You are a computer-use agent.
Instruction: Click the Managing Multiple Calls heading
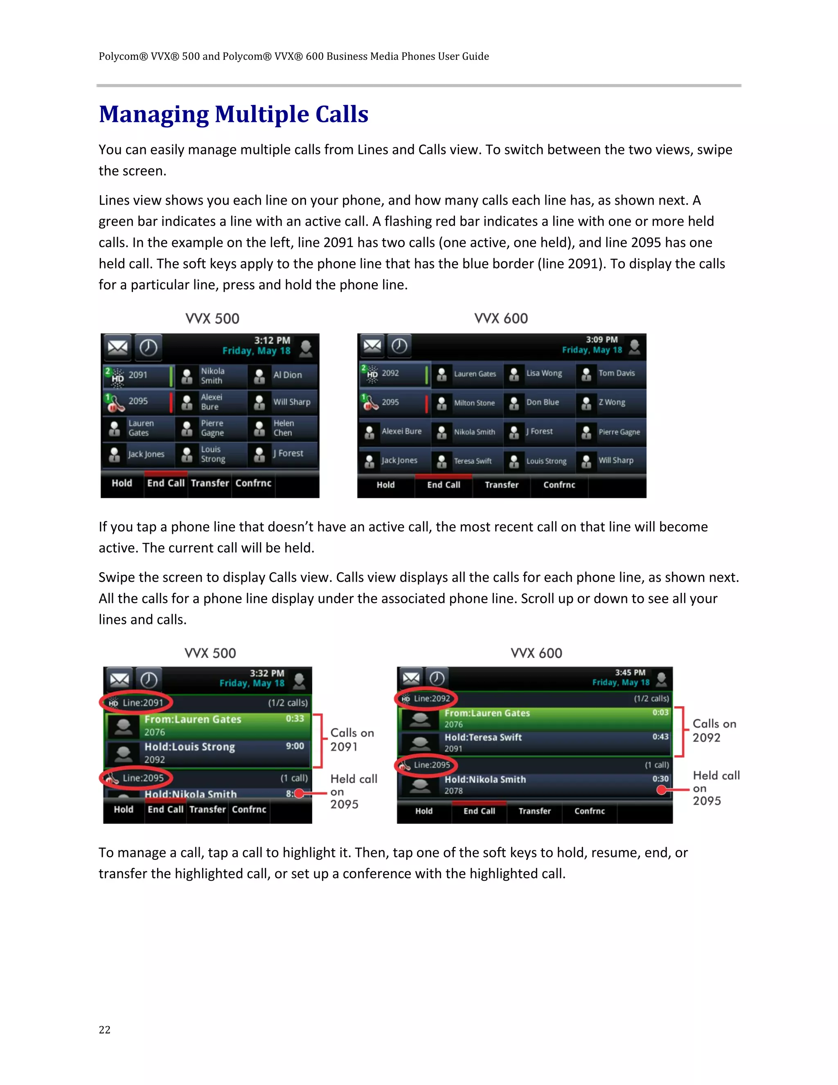tap(233, 114)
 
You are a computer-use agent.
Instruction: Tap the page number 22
tap(104, 1029)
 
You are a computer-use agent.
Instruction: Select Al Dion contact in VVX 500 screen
tap(283, 375)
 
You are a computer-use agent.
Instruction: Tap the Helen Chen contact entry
tap(283, 428)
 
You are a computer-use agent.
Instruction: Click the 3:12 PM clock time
tap(272, 340)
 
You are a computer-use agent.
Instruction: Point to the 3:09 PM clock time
tap(601, 339)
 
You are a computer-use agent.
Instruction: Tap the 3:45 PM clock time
tap(630, 672)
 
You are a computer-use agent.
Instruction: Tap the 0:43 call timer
tap(660, 737)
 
